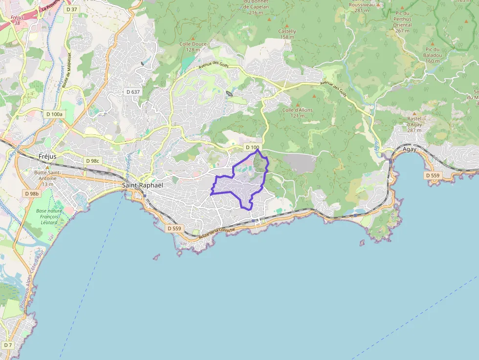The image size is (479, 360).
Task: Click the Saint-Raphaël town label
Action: pos(142,185)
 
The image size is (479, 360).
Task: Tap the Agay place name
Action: pos(410,149)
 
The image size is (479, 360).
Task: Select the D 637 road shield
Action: pos(132,91)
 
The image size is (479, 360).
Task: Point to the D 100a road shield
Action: pos(54,114)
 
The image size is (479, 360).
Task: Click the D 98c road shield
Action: pos(92,161)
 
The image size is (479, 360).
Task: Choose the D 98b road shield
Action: pos(31,193)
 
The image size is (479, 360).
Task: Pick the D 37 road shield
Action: pos(71,9)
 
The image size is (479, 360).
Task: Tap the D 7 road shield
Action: pos(7,345)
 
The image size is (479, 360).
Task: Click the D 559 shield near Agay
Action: pos(433,175)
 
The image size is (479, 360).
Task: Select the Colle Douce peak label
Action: pos(193,46)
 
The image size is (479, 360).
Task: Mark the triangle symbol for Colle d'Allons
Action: pos(297,104)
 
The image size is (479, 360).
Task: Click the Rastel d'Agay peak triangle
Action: pos(414,113)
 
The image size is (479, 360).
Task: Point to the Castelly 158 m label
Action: pos(287,34)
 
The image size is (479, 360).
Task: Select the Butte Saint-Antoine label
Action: pos(47,175)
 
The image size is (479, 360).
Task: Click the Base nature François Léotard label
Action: pos(48,216)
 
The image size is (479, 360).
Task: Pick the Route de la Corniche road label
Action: pos(217,233)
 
